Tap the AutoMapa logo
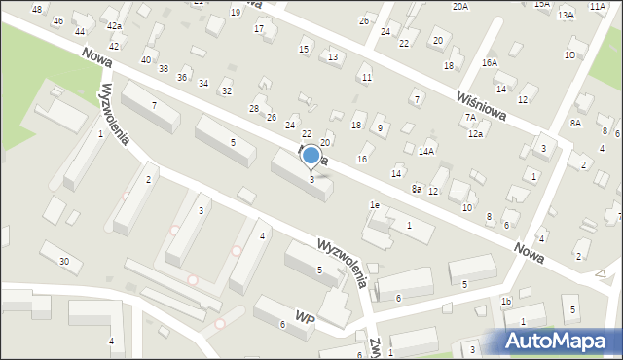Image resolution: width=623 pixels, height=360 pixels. pyautogui.click(x=558, y=341)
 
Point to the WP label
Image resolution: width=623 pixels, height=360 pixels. pyautogui.click(x=306, y=317)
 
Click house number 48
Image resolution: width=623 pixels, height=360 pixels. pyautogui.click(x=37, y=9)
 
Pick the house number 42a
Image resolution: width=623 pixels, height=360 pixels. pyautogui.click(x=114, y=26)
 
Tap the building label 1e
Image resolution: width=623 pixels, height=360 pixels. pyautogui.click(x=374, y=205)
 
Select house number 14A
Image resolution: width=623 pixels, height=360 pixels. pyautogui.click(x=426, y=152)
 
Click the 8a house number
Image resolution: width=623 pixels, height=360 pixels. pyautogui.click(x=416, y=189)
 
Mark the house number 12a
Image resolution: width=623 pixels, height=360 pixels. pyautogui.click(x=475, y=134)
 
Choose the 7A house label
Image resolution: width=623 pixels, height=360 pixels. pyautogui.click(x=470, y=117)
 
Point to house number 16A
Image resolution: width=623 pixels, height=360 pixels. pyautogui.click(x=489, y=62)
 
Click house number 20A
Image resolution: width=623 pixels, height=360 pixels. pyautogui.click(x=459, y=6)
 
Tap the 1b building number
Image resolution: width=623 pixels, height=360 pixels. pyautogui.click(x=506, y=302)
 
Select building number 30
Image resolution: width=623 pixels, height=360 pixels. pyautogui.click(x=64, y=261)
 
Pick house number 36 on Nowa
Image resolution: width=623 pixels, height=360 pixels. pyautogui.click(x=182, y=77)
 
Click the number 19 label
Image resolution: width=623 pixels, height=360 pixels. pyautogui.click(x=236, y=12)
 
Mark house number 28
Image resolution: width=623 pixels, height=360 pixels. pyautogui.click(x=254, y=108)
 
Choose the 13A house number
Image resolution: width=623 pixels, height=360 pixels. pyautogui.click(x=566, y=16)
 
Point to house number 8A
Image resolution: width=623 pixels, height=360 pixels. pyautogui.click(x=575, y=123)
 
